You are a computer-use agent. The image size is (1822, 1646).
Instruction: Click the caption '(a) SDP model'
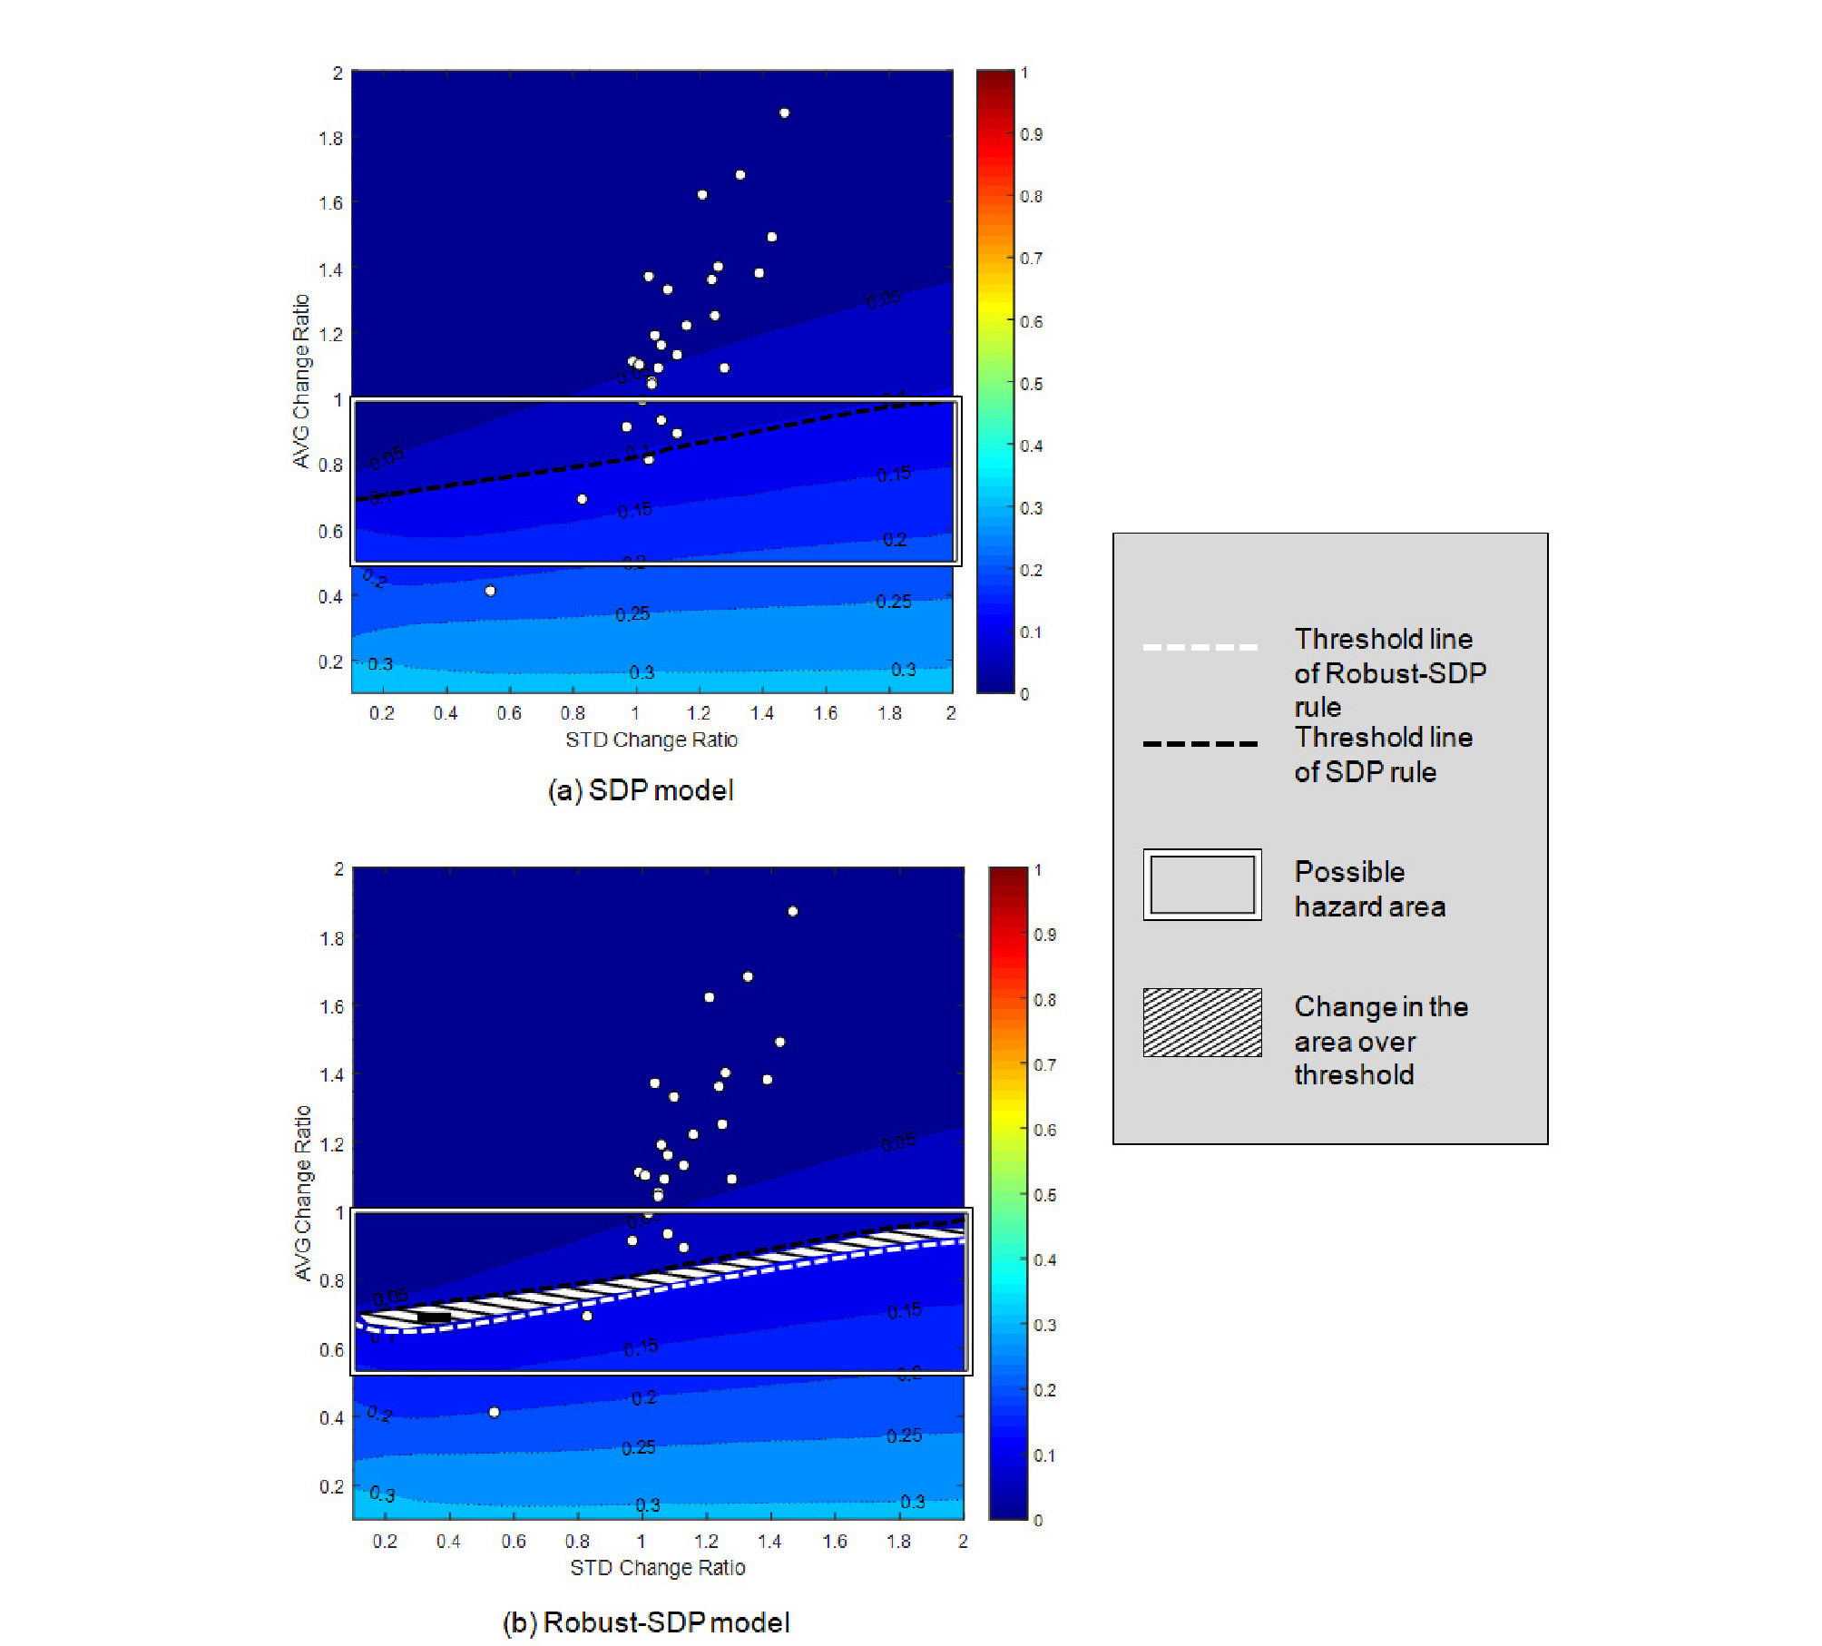tap(641, 790)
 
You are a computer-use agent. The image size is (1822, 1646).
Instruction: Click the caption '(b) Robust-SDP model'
tap(646, 1622)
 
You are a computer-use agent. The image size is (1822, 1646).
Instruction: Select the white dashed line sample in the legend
tap(1200, 647)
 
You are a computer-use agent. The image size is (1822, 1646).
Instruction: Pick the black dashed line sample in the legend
tap(1200, 744)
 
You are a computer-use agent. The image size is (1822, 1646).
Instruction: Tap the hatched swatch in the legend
tap(1201, 1023)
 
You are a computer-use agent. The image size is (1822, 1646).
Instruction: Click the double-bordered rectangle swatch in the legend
tap(1201, 885)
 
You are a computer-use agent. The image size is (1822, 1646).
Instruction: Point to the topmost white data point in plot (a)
tap(784, 113)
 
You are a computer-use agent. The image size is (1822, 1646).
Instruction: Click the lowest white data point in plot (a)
tap(490, 591)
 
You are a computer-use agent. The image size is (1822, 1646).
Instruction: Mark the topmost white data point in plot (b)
tap(792, 911)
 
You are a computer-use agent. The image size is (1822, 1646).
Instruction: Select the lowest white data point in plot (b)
tap(494, 1412)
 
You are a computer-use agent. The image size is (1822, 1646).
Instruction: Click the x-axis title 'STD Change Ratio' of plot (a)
tap(651, 740)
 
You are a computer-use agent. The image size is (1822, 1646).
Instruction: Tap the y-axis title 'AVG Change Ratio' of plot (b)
tap(303, 1192)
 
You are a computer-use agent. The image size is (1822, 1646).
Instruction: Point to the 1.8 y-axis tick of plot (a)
tap(330, 138)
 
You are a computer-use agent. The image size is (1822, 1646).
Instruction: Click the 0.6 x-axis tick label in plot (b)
tap(514, 1542)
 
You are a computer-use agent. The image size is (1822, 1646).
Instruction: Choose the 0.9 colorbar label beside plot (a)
tap(1032, 134)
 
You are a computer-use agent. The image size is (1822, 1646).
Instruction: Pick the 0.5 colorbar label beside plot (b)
tap(1044, 1195)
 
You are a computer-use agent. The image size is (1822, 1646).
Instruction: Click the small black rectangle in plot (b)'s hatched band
tap(434, 1318)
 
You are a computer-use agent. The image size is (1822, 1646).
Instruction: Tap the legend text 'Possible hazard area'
tap(1369, 889)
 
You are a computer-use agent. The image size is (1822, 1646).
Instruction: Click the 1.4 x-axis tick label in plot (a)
tap(762, 713)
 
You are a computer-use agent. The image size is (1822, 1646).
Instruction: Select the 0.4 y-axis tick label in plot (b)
tap(331, 1417)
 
